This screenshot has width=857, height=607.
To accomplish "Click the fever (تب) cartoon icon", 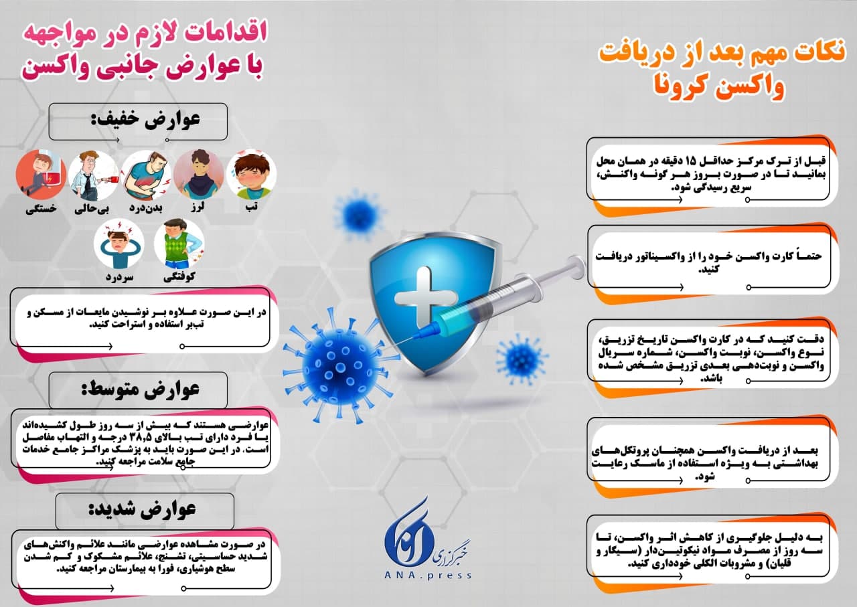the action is [251, 175].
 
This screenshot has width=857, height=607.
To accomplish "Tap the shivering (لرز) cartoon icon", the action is [199, 175].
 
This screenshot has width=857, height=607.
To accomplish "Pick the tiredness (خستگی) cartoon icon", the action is [41, 175].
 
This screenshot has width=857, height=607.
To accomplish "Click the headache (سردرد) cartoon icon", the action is [119, 243].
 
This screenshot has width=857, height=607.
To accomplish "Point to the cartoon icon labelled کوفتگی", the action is [179, 243].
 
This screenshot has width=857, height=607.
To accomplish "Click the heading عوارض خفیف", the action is [145, 120].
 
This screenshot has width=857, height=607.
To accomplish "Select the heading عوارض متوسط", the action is [141, 389].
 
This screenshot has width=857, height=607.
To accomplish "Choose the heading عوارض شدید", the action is [143, 510].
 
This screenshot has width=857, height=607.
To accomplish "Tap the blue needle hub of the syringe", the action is [431, 328].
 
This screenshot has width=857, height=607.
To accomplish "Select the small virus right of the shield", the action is [522, 359].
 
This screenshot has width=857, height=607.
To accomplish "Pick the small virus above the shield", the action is [358, 215].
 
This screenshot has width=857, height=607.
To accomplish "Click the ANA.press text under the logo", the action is [428, 575].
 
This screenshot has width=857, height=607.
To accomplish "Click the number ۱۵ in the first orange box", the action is [730, 160].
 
